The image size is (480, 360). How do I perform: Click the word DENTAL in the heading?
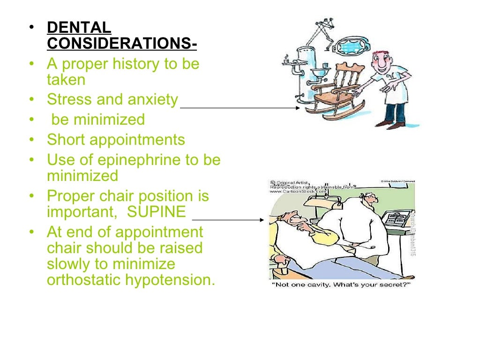pyautogui.click(x=79, y=27)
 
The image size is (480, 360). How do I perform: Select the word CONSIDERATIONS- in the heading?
pyautogui.click(x=122, y=43)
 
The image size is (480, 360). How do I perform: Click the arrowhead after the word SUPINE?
pyautogui.click(x=262, y=219)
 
